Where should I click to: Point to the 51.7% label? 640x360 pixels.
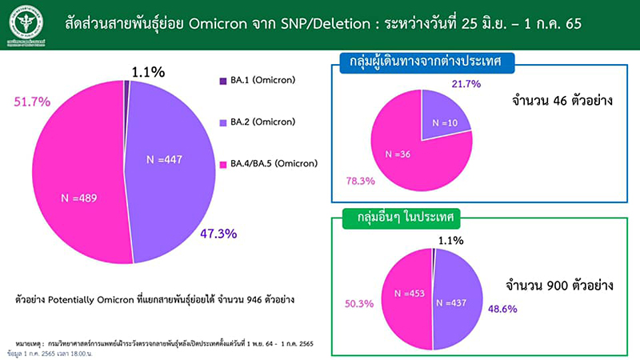32,102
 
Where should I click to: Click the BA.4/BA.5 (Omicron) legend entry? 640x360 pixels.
268,163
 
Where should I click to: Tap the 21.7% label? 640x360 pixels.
467,84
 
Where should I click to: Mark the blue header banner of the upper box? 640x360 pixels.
426,62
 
